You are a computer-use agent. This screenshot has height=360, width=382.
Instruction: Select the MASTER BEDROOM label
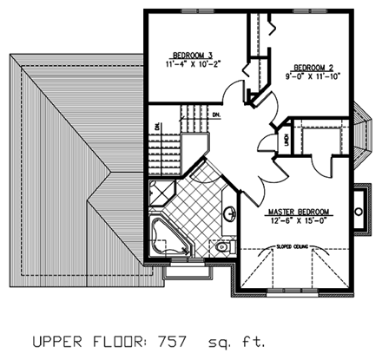tap(299, 212)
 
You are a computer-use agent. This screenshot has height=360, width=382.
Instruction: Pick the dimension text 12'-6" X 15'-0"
tap(300, 221)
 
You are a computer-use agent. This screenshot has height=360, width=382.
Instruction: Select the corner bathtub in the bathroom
tap(168, 238)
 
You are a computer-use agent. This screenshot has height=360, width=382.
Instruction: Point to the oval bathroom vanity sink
tap(229, 213)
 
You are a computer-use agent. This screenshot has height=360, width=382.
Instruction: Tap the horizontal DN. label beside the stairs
tap(214, 114)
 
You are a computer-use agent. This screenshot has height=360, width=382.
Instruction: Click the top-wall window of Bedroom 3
tap(191, 10)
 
